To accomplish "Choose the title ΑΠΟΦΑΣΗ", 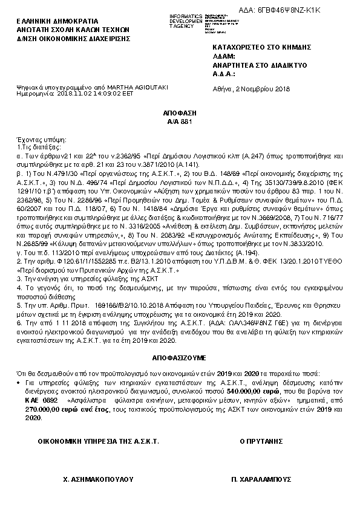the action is click(x=179, y=113).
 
